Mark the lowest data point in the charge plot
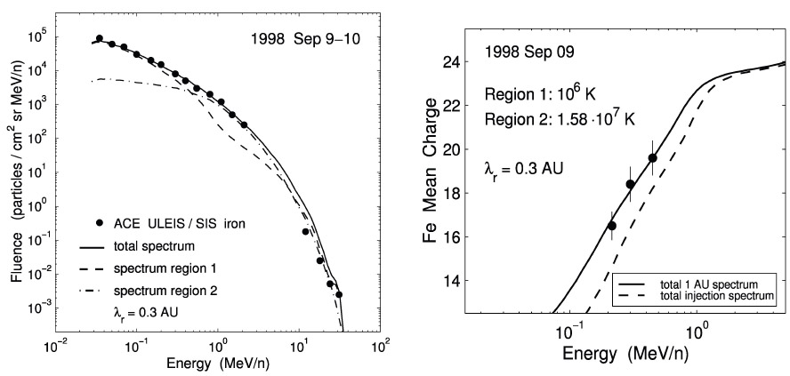point(611,226)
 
